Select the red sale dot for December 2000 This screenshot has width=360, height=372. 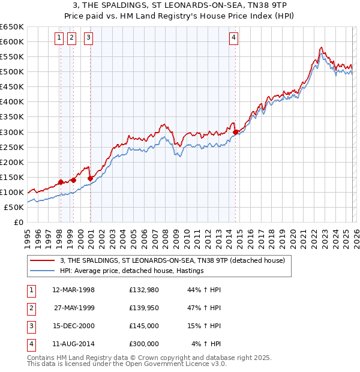(90, 178)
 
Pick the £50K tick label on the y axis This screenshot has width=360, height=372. (14, 207)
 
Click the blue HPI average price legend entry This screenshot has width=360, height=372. (132, 271)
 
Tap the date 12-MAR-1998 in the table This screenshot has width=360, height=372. (73, 290)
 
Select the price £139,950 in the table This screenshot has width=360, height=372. (143, 308)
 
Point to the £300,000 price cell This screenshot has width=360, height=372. (143, 344)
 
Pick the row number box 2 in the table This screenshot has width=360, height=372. (31, 308)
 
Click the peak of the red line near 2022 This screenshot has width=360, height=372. (322, 47)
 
